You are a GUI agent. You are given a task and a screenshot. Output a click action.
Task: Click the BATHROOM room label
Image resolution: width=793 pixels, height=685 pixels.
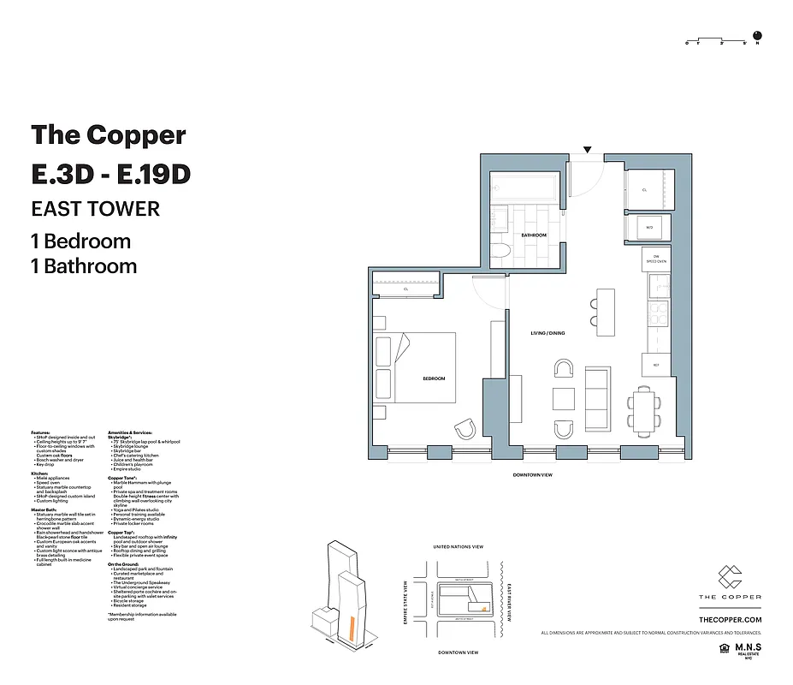click(x=534, y=235)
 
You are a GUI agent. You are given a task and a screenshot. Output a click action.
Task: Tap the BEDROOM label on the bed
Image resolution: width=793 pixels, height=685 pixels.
click(x=434, y=378)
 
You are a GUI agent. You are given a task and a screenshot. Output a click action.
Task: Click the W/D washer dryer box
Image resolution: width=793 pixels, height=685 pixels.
click(x=649, y=228)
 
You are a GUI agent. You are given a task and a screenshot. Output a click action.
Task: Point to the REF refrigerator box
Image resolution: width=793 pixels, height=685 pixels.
click(x=655, y=365)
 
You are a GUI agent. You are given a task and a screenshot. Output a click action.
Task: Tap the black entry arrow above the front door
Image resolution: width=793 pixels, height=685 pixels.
click(x=587, y=151)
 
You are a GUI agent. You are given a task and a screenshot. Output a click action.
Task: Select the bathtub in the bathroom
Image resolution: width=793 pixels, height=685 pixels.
click(x=524, y=186)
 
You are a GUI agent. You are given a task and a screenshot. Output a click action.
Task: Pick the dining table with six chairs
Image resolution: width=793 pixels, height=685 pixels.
click(x=643, y=411)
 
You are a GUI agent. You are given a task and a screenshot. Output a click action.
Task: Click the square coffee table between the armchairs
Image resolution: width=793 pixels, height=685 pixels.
click(x=563, y=399)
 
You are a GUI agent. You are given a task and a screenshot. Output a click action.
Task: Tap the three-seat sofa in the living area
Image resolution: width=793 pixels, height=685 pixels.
click(x=596, y=398)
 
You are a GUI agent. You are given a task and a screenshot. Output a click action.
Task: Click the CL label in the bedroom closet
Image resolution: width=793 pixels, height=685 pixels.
click(x=405, y=289)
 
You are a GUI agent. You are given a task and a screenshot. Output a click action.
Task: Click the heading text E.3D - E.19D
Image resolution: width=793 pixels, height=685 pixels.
click(x=110, y=174)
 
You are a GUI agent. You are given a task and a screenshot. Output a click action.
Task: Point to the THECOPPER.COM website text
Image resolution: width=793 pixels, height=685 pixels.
click(x=730, y=619)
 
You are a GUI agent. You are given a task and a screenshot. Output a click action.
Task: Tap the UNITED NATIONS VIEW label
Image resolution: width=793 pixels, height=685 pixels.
click(x=459, y=546)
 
